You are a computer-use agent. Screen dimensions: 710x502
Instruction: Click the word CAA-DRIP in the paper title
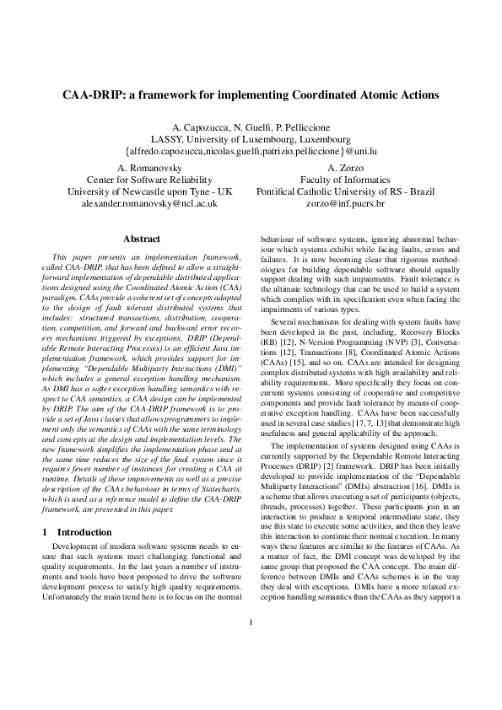pos(94,94)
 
